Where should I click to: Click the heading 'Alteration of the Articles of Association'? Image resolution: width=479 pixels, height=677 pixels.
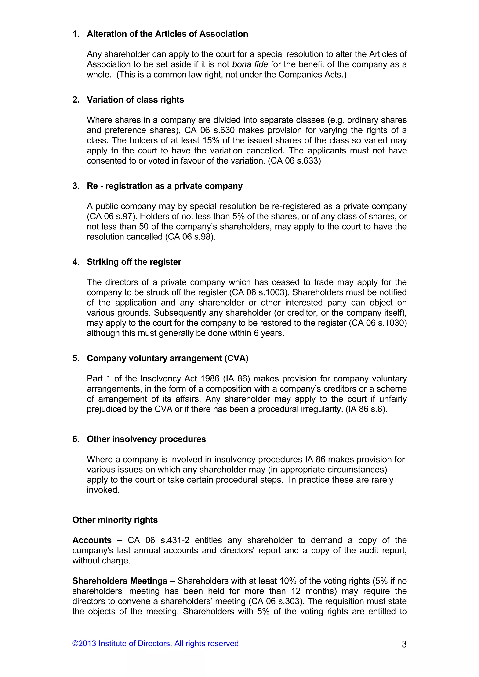point(167,34)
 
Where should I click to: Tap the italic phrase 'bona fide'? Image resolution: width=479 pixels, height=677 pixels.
point(250,64)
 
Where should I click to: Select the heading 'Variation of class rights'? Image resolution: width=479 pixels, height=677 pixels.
point(135,100)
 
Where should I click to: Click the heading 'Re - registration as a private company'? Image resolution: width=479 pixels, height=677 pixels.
point(164,186)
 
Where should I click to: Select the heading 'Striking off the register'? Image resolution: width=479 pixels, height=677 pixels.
point(134,262)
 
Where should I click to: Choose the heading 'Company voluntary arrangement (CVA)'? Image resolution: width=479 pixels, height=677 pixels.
point(167,358)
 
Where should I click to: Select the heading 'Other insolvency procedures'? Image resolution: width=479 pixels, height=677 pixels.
point(146,439)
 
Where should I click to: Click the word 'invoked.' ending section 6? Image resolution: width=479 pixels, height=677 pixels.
point(103,490)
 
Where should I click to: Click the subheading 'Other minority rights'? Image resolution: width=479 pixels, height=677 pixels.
point(115,520)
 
